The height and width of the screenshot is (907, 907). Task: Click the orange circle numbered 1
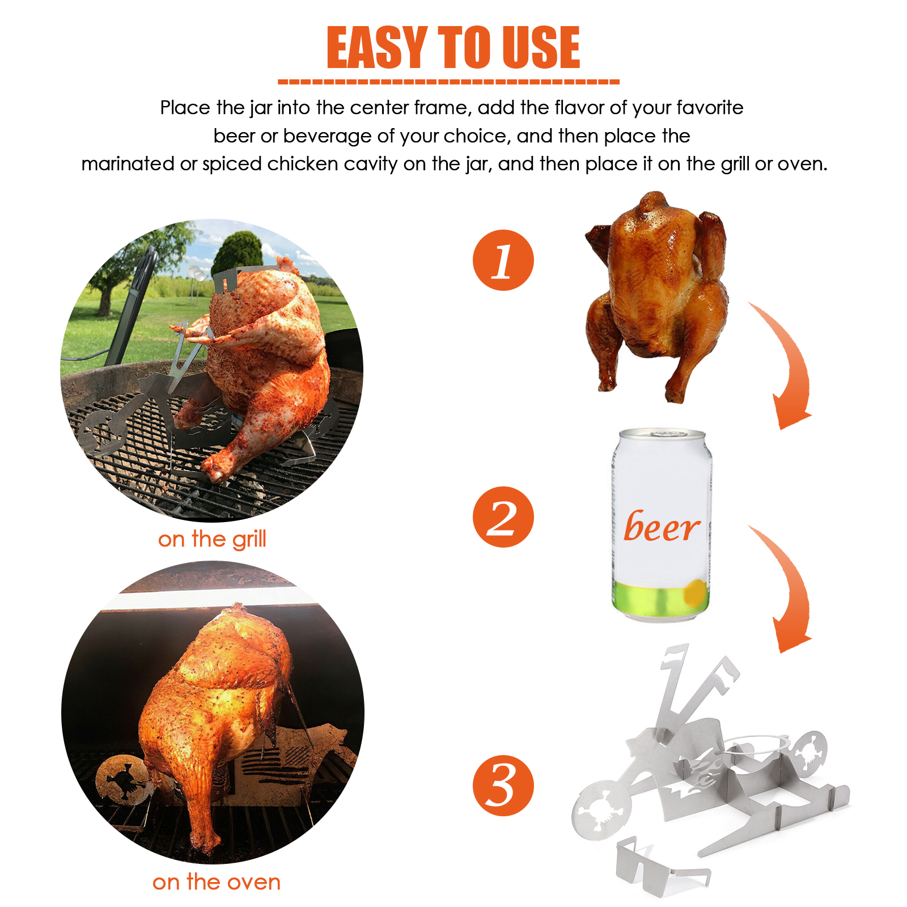tap(503, 260)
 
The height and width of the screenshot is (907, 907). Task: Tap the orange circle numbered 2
tap(503, 516)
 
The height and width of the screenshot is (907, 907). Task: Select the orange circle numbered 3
tap(503, 785)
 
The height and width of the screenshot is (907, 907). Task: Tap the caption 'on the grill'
tap(212, 539)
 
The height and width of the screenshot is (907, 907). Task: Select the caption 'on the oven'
tap(217, 882)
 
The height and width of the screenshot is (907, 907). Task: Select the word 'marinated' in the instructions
tap(128, 164)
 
